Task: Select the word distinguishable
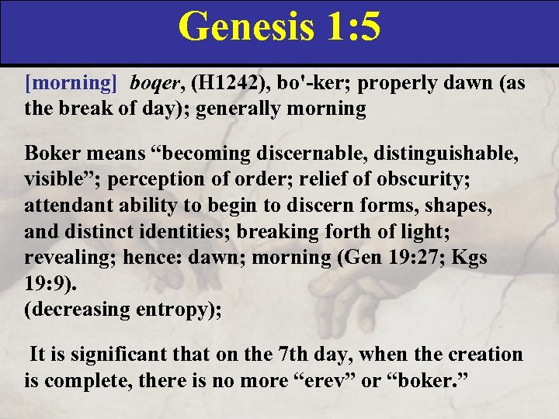(445, 152)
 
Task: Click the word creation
(484, 355)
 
